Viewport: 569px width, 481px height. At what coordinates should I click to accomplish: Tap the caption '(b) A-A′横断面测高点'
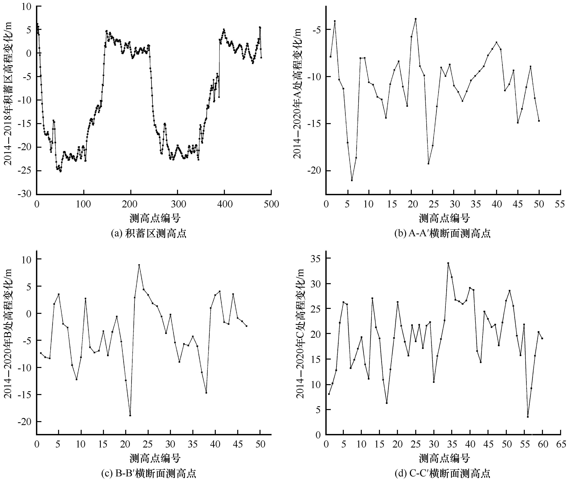(442, 234)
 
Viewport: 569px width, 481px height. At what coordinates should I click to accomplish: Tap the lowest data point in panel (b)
(352, 180)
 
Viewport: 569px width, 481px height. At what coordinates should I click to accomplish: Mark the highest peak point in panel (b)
(416, 19)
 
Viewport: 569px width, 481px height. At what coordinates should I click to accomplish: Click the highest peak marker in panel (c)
(139, 265)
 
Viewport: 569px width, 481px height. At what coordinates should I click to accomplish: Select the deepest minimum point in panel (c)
(130, 415)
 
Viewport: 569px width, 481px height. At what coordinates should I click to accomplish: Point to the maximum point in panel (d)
(448, 263)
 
